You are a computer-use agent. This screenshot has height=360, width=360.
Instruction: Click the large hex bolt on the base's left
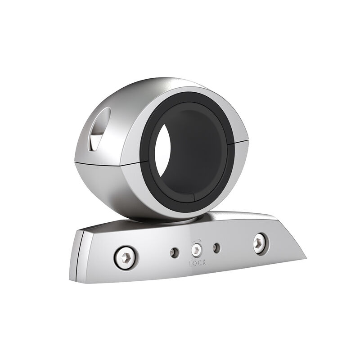click(x=126, y=257)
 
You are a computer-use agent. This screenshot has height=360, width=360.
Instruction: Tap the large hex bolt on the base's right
click(x=260, y=243)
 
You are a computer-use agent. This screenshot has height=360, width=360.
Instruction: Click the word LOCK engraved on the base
click(x=197, y=263)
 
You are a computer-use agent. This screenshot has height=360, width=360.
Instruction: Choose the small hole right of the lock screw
click(x=217, y=248)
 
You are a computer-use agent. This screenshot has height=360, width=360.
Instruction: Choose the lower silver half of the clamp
click(x=117, y=189)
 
